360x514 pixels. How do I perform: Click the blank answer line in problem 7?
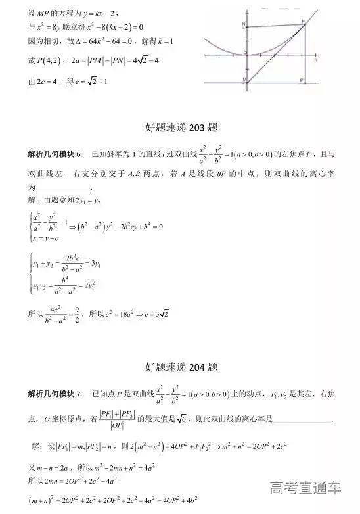coord(302,418)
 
